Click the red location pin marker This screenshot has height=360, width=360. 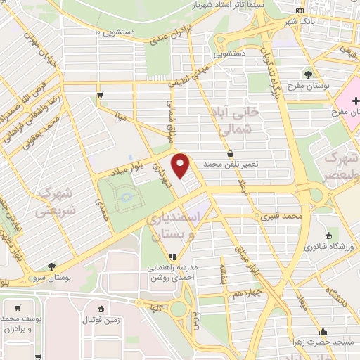click(x=181, y=165)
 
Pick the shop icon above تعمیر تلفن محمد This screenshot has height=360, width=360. click(x=231, y=153)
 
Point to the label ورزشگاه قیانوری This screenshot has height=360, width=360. click(x=328, y=247)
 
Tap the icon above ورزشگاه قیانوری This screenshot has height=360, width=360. click(x=328, y=236)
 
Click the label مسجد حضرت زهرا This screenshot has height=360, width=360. click(x=324, y=341)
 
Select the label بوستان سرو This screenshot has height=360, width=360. click(x=52, y=277)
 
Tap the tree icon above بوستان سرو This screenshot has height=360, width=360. click(x=52, y=266)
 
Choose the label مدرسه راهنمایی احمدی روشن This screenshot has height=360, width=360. click(x=172, y=273)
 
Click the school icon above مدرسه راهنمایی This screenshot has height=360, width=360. click(x=172, y=257)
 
